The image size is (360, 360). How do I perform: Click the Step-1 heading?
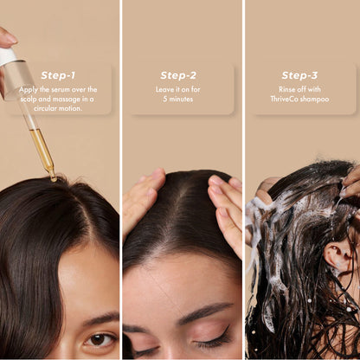(x=59, y=74)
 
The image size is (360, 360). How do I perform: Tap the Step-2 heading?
(x=178, y=75)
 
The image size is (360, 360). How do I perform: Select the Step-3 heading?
(x=299, y=75)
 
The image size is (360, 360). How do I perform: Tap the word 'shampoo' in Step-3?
(x=316, y=99)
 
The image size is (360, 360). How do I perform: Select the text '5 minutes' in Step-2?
(x=178, y=99)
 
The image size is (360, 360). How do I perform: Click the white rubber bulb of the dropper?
(x=8, y=57)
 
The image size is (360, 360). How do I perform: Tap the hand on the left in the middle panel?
(x=141, y=200)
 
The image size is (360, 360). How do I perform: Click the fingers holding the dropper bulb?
(x=5, y=37)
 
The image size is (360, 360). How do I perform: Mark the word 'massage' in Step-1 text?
(x=75, y=99)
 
